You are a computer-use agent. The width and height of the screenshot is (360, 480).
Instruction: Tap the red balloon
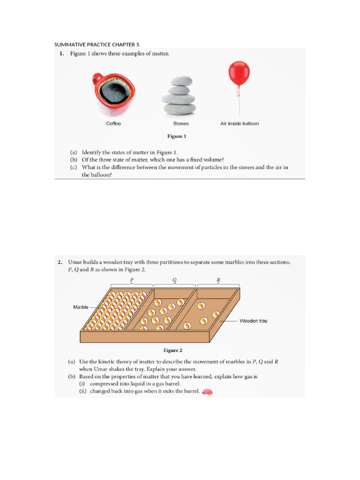coord(239,74)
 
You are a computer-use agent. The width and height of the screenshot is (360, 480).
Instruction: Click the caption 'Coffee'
coord(113,124)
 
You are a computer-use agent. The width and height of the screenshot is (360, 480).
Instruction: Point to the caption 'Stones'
coord(181,124)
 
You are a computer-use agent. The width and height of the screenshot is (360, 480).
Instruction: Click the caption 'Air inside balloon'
coord(240,124)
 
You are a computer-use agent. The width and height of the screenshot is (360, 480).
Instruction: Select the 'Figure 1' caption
coord(177,136)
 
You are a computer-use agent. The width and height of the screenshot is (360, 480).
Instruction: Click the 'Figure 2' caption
coord(172,350)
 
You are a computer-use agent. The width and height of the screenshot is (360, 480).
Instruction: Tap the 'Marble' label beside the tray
coord(81,307)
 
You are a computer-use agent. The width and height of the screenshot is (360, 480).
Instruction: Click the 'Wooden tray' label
coord(253,321)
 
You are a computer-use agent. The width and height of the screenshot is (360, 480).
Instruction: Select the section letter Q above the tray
coord(174,280)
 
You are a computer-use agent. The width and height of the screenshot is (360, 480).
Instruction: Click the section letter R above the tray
coord(218,280)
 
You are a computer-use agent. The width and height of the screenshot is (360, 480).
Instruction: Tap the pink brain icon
coord(207,393)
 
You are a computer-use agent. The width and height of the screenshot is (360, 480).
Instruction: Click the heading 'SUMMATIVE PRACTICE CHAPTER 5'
coord(97,45)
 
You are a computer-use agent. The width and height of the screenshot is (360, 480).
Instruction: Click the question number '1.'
coord(61,54)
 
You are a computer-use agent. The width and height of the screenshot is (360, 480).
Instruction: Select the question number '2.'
coord(60,262)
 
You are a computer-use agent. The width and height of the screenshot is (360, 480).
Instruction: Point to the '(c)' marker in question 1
coord(74,167)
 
